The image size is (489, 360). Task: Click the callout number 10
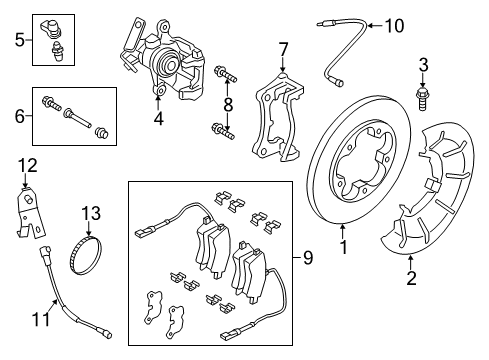395,26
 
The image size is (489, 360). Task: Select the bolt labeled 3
423,99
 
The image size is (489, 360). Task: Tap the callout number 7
283,50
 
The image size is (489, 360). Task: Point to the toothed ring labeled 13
86,256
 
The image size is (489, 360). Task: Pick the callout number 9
308,258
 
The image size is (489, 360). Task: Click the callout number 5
20,40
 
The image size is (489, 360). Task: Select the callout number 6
20,116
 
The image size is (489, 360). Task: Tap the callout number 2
411,278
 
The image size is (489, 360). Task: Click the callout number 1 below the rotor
343,247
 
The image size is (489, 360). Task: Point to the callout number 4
159,118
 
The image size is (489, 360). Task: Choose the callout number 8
228,105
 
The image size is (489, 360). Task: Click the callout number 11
41,319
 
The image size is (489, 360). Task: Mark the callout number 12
28,165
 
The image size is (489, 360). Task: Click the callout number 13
91,213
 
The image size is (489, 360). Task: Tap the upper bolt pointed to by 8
225,74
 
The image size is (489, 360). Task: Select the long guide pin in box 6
77,117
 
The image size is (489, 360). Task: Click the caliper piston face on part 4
167,63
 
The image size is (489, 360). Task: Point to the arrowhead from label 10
370,26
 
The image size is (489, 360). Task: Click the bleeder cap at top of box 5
50,27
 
